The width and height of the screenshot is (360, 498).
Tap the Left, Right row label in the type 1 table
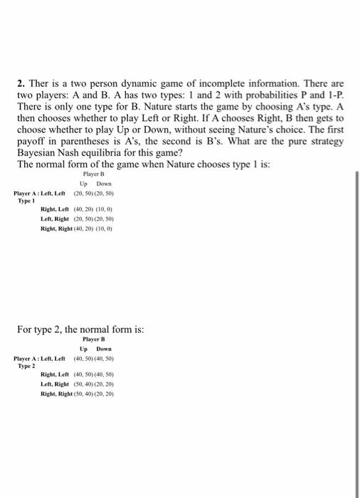pyautogui.click(x=56, y=220)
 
